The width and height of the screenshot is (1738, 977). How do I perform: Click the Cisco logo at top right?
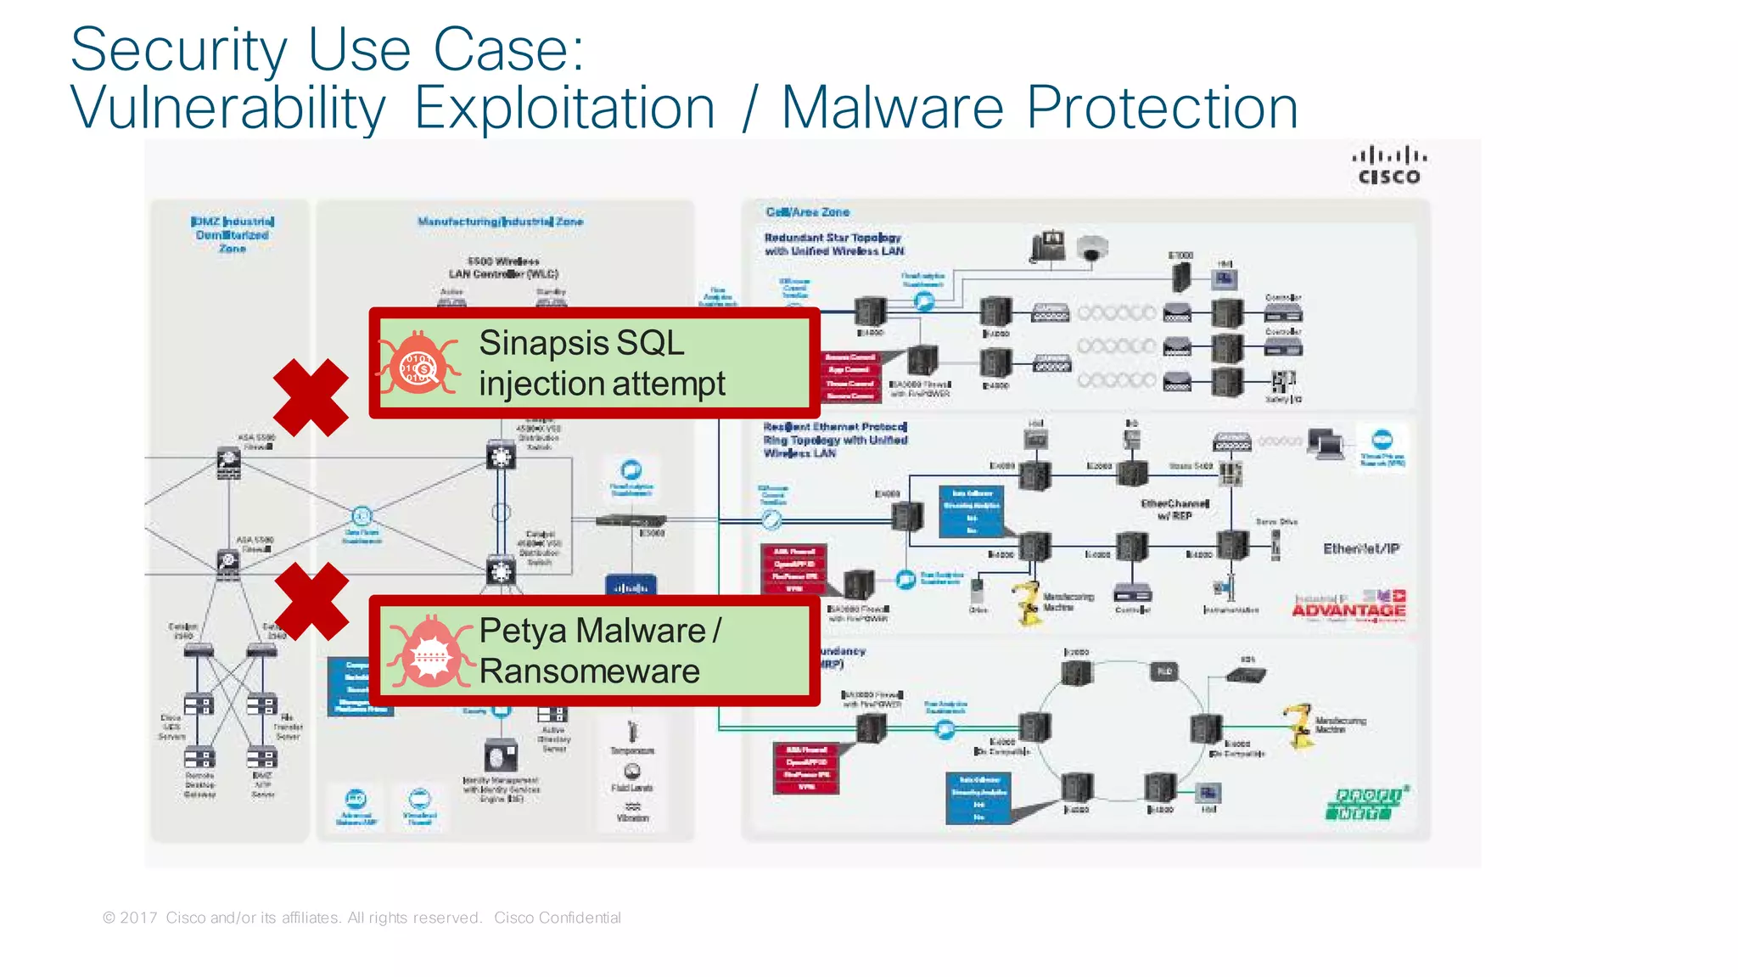tap(1388, 166)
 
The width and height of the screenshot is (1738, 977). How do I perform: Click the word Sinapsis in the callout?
tap(544, 343)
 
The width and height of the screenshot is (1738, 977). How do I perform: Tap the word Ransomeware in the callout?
tap(589, 671)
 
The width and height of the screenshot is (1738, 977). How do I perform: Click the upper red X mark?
tap(311, 397)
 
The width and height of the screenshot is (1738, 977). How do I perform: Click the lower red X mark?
tap(311, 601)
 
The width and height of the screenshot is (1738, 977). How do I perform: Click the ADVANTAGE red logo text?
tap(1348, 610)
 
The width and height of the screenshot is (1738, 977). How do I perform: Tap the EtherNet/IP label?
tap(1361, 549)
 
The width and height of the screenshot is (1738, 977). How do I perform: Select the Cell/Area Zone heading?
tap(807, 212)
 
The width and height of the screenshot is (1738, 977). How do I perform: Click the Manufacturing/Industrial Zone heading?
tap(500, 222)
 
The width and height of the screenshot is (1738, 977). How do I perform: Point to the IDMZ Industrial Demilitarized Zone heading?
tap(233, 235)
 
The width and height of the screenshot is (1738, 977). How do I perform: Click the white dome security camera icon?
tap(1092, 249)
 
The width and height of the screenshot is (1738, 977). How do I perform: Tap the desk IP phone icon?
tap(1048, 246)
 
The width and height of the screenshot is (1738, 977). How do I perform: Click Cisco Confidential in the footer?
tap(557, 918)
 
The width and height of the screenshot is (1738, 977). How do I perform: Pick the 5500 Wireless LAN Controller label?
tap(503, 267)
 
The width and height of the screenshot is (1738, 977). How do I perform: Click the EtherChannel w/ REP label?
tap(1175, 509)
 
